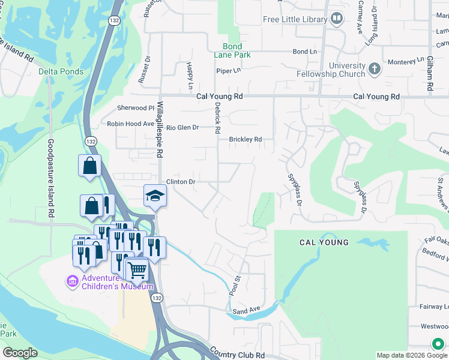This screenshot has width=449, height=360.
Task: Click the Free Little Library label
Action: (x=295, y=20)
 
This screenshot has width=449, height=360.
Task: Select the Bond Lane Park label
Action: (x=232, y=50)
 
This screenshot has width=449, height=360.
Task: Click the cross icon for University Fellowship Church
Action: (x=375, y=68)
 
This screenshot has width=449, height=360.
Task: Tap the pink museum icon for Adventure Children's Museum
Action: (x=72, y=281)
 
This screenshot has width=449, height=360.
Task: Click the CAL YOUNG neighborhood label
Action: (x=324, y=242)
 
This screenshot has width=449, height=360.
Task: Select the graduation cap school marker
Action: (x=155, y=196)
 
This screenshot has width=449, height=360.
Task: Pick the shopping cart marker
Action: (x=137, y=271)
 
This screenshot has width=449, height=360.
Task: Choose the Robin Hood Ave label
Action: (x=130, y=124)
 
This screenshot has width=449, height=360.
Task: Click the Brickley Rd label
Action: (x=246, y=140)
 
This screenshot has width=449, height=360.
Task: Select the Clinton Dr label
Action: (x=181, y=181)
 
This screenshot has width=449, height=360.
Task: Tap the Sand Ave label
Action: (x=246, y=310)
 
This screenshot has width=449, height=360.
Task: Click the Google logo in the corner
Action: (x=20, y=353)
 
